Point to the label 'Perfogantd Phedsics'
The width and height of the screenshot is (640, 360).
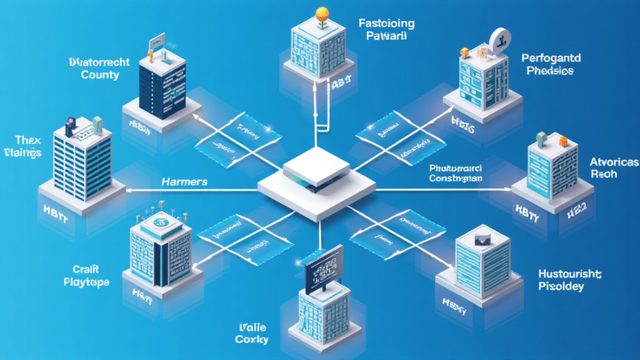pos(551,64)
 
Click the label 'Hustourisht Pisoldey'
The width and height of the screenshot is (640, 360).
pos(569,280)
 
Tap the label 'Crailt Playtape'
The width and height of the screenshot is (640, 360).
pos(86,276)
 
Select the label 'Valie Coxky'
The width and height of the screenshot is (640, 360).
pos(252,333)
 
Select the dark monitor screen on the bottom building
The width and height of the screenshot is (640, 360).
pos(323,269)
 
